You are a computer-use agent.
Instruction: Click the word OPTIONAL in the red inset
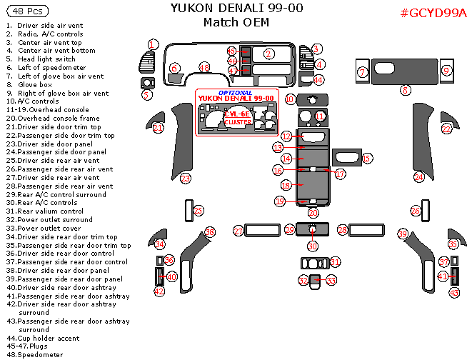(235, 92)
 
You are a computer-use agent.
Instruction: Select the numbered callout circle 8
(405, 90)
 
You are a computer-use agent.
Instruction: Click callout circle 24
(419, 177)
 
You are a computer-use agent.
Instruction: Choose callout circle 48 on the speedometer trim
(204, 67)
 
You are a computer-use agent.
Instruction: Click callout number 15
(366, 158)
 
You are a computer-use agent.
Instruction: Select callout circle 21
(158, 128)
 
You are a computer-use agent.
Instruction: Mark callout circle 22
(446, 129)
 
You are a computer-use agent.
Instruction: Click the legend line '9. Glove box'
(29, 84)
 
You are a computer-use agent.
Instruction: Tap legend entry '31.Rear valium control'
(46, 211)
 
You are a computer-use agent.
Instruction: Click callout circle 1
(153, 45)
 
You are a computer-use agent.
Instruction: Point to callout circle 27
(238, 231)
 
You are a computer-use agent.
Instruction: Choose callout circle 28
(342, 230)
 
